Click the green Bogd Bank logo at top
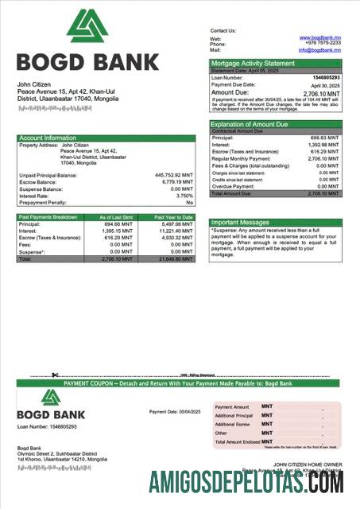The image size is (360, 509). pyautogui.click(x=87, y=26)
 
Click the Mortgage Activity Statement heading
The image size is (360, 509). pyautogui.click(x=253, y=64)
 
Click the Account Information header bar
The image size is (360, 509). pyautogui.click(x=106, y=138)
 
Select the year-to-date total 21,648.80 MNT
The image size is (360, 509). pyautogui.click(x=174, y=259)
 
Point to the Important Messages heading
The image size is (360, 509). pyautogui.click(x=241, y=223)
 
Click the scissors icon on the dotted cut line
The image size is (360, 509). pyautogui.click(x=56, y=375)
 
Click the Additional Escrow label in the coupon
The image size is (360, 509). pyautogui.click(x=234, y=425)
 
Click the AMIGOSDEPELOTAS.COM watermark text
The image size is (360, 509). pyautogui.click(x=246, y=483)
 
